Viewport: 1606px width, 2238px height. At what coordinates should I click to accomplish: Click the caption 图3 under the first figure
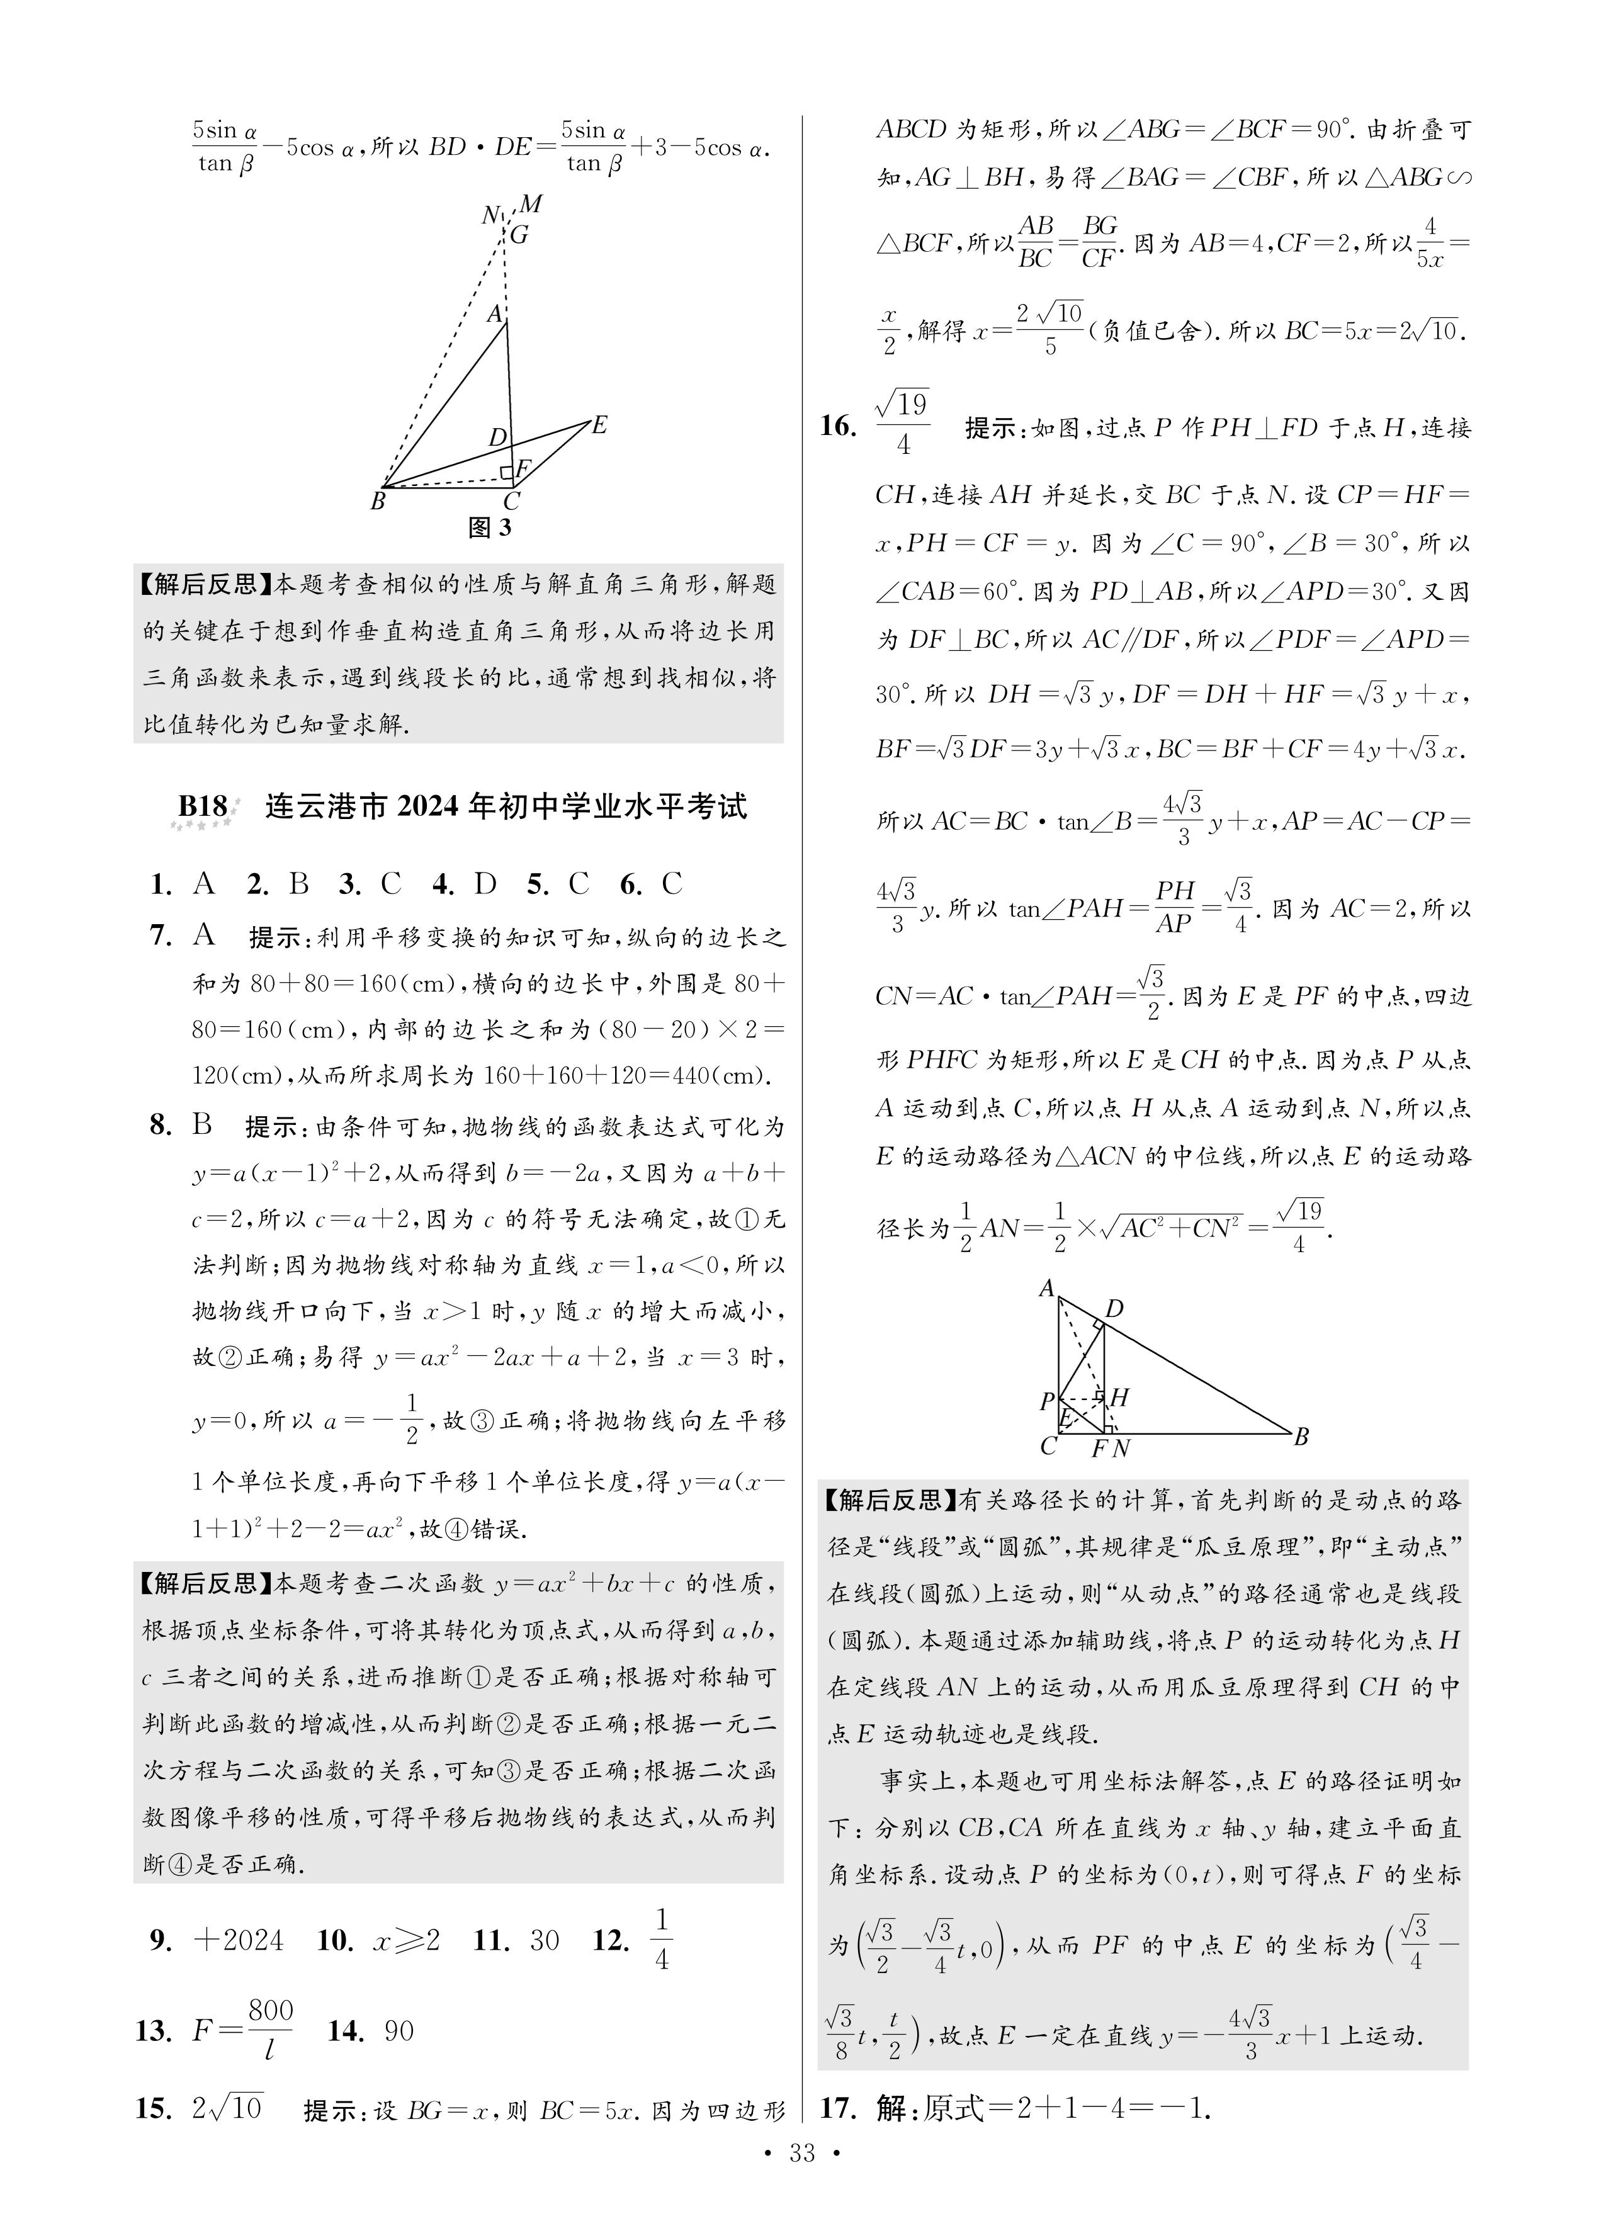(x=490, y=528)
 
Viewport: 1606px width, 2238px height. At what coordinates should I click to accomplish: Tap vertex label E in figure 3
(x=599, y=426)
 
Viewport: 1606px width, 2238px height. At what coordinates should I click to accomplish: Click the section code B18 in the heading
(x=202, y=806)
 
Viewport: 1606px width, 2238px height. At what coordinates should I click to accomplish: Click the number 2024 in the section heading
(x=431, y=806)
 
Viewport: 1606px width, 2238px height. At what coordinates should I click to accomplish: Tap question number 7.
(x=161, y=934)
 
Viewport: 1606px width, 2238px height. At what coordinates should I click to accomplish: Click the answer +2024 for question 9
(x=239, y=1941)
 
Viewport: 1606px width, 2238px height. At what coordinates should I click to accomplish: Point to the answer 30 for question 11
(x=545, y=1941)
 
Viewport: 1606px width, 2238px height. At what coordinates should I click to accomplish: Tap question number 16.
(x=837, y=426)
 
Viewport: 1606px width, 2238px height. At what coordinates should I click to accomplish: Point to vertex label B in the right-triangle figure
(x=1301, y=1438)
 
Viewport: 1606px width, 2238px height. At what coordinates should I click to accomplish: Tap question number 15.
(x=151, y=2109)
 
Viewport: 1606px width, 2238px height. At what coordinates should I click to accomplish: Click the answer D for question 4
(x=485, y=884)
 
